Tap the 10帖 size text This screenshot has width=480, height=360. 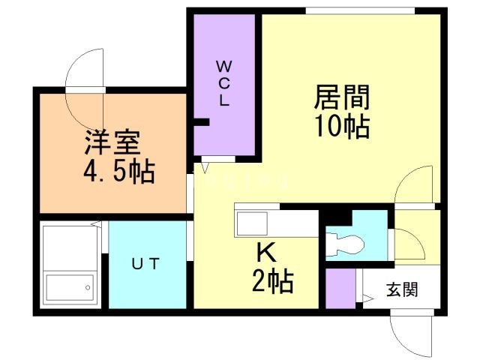click(342, 127)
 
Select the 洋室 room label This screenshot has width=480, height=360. click(113, 142)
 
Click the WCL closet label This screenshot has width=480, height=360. click(224, 82)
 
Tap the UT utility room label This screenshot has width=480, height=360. click(146, 263)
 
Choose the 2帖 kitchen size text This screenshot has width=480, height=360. click(271, 281)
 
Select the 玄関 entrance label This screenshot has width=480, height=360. click(403, 287)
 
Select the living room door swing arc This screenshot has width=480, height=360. click(413, 183)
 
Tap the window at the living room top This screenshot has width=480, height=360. click(360, 10)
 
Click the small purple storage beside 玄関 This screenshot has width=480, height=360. click(340, 288)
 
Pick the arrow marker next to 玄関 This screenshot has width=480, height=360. click(368, 300)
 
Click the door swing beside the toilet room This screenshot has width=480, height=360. click(409, 240)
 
